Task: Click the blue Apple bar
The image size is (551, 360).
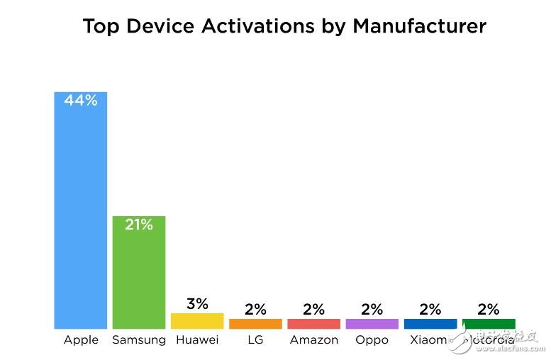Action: (x=81, y=213)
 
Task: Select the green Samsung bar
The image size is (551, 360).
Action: (x=139, y=276)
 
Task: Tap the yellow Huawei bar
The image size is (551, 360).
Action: (x=197, y=321)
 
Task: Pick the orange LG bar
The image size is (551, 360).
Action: (x=255, y=324)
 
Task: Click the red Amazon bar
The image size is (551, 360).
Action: (x=313, y=324)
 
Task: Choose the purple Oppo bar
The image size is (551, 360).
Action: (x=372, y=324)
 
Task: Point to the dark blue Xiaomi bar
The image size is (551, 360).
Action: (x=430, y=324)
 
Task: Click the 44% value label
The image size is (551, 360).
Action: (x=81, y=101)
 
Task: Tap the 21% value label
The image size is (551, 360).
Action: (x=139, y=225)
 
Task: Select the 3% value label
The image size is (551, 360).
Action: (x=197, y=304)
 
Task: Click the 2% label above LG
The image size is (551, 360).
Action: (x=255, y=309)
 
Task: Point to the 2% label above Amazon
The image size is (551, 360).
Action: (x=313, y=309)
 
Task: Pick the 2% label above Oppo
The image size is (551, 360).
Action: (x=372, y=309)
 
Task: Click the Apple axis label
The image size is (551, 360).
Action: (x=81, y=340)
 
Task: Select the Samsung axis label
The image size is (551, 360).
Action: (x=139, y=340)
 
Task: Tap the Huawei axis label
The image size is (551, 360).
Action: (x=197, y=340)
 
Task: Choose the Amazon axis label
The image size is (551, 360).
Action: (x=313, y=340)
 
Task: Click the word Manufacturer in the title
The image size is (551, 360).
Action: (x=419, y=26)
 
